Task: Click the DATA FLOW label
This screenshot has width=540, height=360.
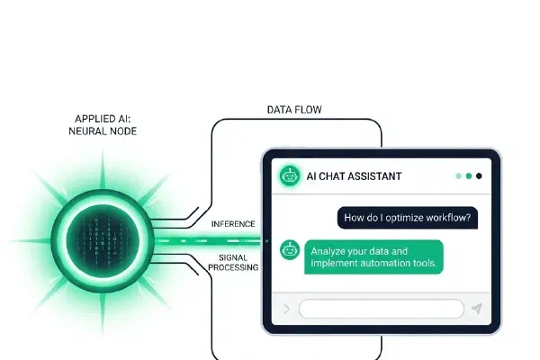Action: tap(294, 110)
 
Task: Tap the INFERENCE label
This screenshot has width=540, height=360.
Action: tap(233, 224)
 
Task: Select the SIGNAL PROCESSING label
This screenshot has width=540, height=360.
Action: tap(233, 263)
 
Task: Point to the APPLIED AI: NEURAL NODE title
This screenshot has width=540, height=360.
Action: tap(103, 125)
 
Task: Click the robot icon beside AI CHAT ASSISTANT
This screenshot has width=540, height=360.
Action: tap(289, 176)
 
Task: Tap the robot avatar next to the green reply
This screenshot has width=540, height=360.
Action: tap(290, 250)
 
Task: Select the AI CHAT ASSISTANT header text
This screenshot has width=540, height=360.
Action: tap(354, 176)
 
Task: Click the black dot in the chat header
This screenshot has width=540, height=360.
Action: tap(479, 176)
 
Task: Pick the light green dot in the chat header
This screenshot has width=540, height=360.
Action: tap(458, 176)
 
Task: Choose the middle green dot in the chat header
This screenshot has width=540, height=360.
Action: tap(469, 176)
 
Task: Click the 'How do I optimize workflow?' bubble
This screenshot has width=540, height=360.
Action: tap(408, 218)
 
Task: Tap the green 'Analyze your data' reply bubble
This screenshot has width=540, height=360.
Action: tap(374, 257)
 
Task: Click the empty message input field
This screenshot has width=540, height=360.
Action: tap(382, 309)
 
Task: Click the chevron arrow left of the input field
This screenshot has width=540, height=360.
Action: tap(287, 309)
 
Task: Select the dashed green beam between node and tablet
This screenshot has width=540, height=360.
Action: tap(209, 241)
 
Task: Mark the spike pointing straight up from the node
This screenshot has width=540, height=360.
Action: tap(103, 169)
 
